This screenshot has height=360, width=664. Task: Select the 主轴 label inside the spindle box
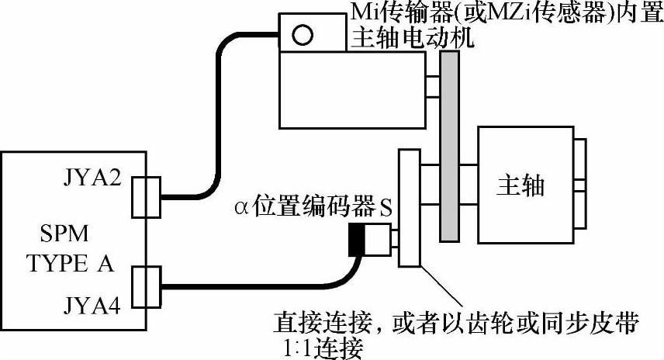(520, 186)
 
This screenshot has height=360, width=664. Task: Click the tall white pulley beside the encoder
(409, 209)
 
